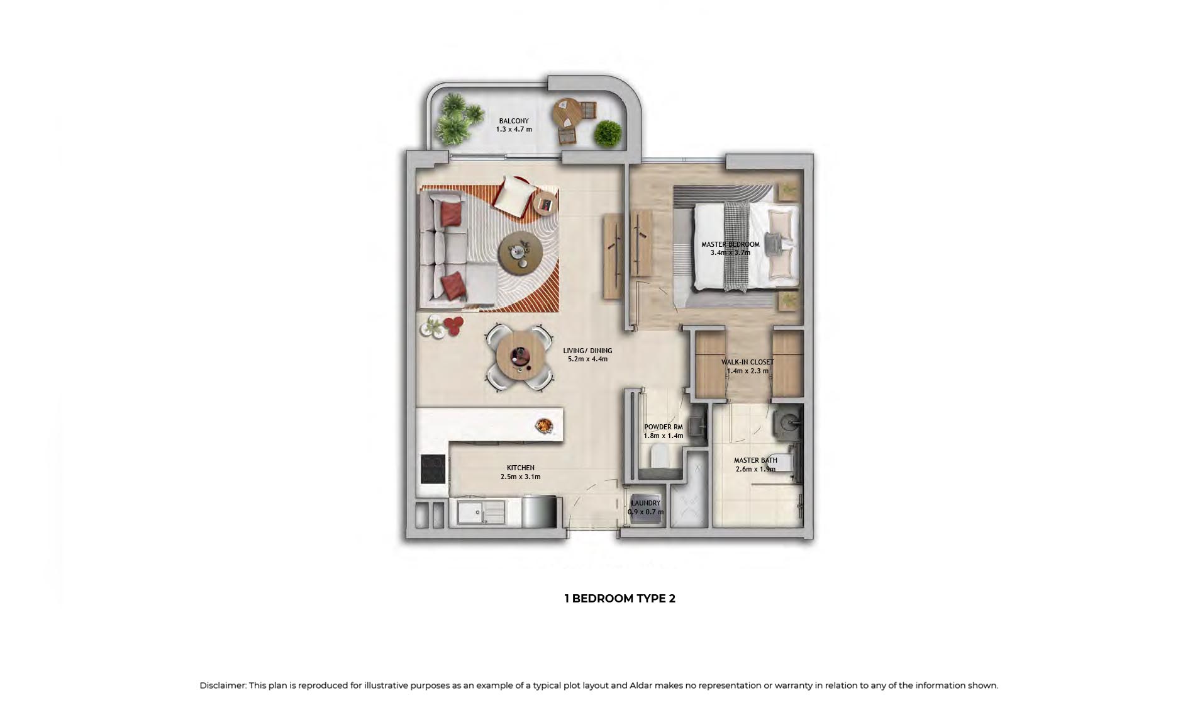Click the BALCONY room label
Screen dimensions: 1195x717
pyautogui.click(x=514, y=121)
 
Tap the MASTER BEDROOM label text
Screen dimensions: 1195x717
pyautogui.click(x=730, y=244)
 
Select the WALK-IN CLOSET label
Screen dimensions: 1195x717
pyautogui.click(x=747, y=362)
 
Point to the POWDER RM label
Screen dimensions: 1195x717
pyautogui.click(x=663, y=427)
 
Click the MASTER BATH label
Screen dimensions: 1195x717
pyautogui.click(x=755, y=460)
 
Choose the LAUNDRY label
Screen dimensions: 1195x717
pyautogui.click(x=645, y=503)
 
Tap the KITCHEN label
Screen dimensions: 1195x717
pyautogui.click(x=521, y=468)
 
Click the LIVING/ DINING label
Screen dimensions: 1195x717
pyautogui.click(x=587, y=351)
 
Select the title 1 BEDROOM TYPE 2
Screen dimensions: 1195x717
pyautogui.click(x=620, y=599)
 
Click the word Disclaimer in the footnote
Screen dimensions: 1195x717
pyautogui.click(x=222, y=686)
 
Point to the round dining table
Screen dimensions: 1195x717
pyautogui.click(x=520, y=358)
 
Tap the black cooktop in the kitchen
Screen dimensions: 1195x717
pyautogui.click(x=433, y=469)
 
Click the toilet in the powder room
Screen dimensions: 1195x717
pyautogui.click(x=661, y=456)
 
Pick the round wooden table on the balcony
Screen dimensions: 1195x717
pyautogui.click(x=569, y=114)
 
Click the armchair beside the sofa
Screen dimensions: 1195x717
pyautogui.click(x=513, y=195)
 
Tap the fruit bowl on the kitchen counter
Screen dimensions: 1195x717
pyautogui.click(x=544, y=426)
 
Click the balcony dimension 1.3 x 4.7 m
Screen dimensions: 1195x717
pyautogui.click(x=514, y=130)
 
